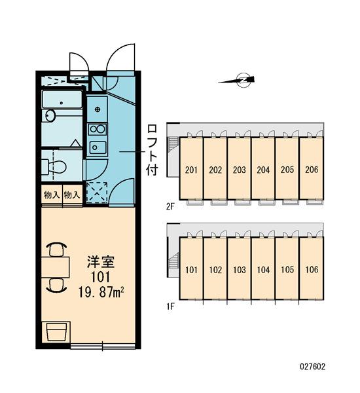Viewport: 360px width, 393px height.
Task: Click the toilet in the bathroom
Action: coord(54,167)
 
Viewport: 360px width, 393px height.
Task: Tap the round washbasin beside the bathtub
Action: coord(50,115)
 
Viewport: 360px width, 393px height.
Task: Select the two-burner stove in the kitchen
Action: coord(98,129)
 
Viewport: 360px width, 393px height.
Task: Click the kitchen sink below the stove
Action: coord(98,147)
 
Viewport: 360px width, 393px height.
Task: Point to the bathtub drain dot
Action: coord(62,103)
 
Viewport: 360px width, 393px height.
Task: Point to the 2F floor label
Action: coord(170,206)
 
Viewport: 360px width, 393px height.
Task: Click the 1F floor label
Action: coord(170,307)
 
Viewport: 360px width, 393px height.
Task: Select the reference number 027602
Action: coord(312,367)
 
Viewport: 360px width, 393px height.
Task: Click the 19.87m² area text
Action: coord(101,292)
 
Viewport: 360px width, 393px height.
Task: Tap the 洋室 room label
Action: coord(101,261)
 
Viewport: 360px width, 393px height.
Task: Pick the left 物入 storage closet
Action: coord(52,195)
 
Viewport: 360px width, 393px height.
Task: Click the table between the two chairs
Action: coord(56,267)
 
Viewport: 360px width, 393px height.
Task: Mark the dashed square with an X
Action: coord(98,192)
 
